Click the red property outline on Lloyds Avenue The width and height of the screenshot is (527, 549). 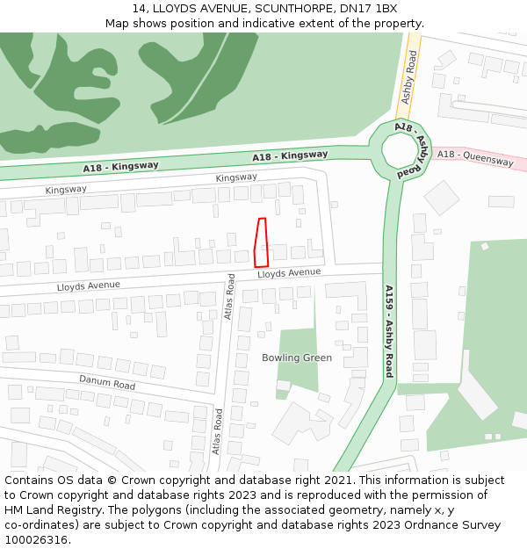click(260, 242)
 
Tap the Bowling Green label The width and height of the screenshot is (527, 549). click(297, 358)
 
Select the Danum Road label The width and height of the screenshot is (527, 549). click(107, 383)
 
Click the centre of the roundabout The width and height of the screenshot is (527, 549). click(402, 151)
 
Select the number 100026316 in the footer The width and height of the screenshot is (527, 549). click(36, 540)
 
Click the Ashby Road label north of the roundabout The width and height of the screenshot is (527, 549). click(408, 77)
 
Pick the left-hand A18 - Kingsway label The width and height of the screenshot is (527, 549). click(121, 166)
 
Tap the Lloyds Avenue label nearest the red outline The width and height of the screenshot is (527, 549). click(289, 273)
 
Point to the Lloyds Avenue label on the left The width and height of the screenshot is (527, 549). click(88, 286)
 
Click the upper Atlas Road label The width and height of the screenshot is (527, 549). click(230, 296)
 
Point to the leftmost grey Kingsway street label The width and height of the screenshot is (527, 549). click(66, 189)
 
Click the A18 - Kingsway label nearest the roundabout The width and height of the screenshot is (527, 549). click(290, 155)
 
